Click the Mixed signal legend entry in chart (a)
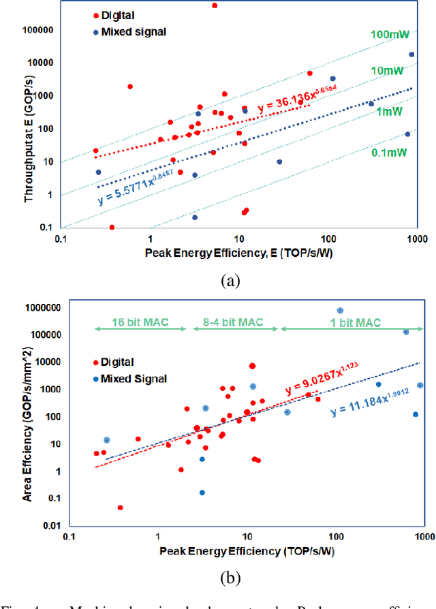point(128,31)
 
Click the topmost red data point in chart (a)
point(215,5)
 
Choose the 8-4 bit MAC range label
point(232,322)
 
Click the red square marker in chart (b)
point(317,399)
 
